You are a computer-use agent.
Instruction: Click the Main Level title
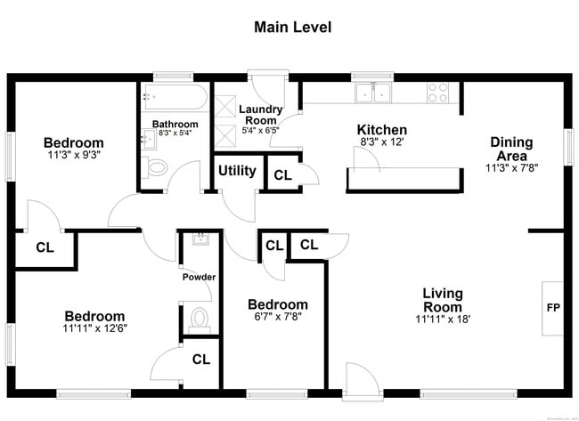[292, 28]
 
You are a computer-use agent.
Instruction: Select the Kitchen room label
[382, 130]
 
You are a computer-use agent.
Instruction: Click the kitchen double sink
[373, 92]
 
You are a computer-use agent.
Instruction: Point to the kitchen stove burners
[437, 92]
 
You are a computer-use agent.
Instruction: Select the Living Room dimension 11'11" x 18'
[442, 319]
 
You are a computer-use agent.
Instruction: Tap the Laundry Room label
[260, 115]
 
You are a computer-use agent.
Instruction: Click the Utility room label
[237, 171]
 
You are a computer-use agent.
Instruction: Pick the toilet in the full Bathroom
[157, 166]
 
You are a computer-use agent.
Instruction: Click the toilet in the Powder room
[200, 318]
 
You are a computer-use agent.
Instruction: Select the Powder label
[200, 277]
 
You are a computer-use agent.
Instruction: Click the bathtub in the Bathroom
[174, 97]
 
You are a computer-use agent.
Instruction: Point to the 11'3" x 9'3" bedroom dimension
[73, 154]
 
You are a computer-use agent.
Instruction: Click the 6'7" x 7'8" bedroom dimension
[277, 317]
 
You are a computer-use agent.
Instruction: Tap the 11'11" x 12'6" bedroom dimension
[94, 328]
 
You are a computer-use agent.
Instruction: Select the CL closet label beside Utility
[282, 175]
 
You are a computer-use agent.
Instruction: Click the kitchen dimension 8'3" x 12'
[382, 142]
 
